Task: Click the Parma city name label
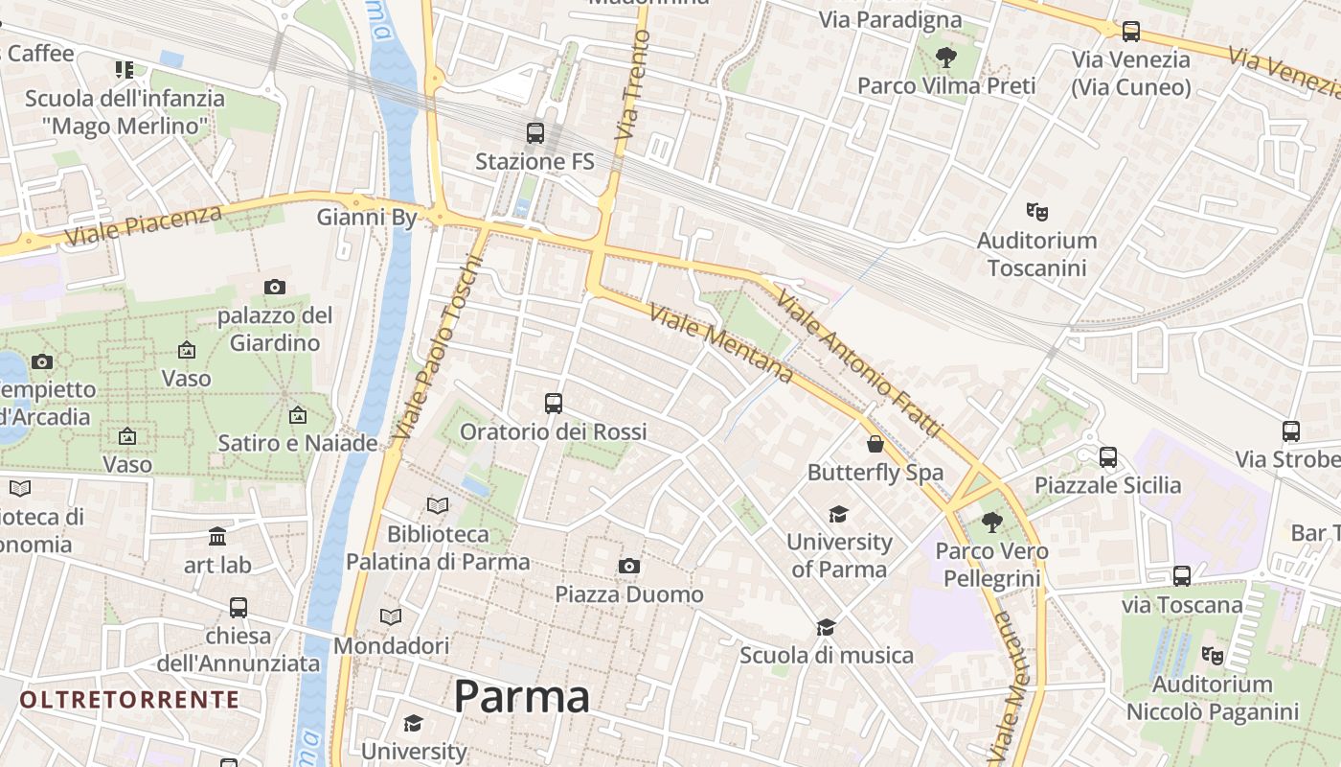[521, 697]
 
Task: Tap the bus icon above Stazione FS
[534, 133]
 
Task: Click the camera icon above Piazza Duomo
[628, 567]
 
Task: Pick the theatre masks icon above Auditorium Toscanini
[1036, 211]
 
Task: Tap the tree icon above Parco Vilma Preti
[945, 58]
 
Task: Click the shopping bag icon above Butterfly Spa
[875, 444]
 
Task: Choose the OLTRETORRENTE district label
[129, 699]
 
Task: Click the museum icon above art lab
[217, 536]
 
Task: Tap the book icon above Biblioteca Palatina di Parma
[438, 505]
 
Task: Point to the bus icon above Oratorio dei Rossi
[553, 404]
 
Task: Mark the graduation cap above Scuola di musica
[826, 627]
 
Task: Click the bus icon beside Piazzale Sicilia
[1108, 457]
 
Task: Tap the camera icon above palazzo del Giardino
[275, 287]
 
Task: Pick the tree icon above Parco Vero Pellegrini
[991, 523]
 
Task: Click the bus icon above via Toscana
[1182, 576]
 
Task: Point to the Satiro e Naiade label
[298, 444]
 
